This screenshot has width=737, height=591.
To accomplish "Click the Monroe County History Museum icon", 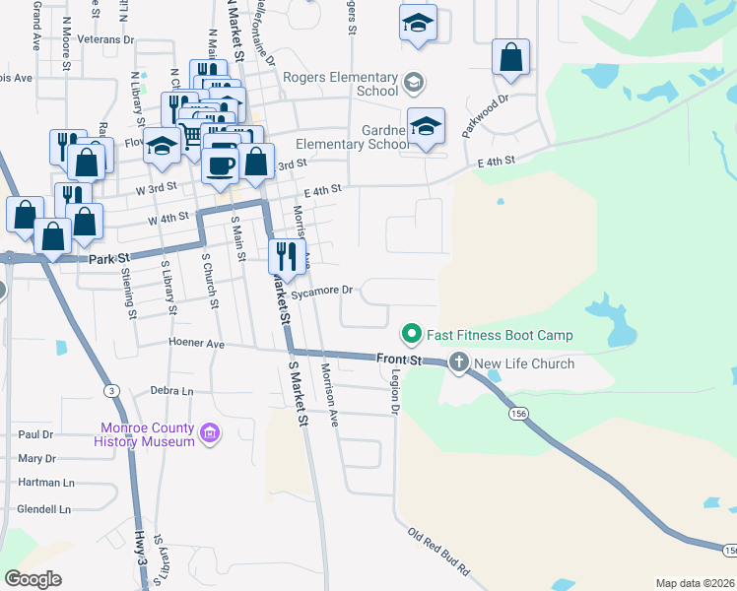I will (208, 433).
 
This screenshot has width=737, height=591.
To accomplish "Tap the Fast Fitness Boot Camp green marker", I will (413, 335).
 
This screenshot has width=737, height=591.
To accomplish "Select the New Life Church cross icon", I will (458, 363).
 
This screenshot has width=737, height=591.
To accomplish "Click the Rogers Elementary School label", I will (340, 84).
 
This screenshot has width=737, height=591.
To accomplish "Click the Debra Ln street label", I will (173, 391).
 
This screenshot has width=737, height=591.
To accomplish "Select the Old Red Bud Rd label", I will (439, 553).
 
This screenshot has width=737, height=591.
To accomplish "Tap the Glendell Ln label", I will (45, 509).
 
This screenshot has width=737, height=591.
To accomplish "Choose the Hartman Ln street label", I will (46, 483).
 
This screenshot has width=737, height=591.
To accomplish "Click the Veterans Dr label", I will (108, 39).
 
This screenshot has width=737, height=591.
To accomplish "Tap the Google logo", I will (33, 579).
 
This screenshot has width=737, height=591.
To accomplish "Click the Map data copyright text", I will (695, 583).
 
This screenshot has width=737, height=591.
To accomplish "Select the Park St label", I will (109, 259).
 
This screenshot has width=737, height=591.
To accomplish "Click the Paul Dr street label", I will (35, 434).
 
